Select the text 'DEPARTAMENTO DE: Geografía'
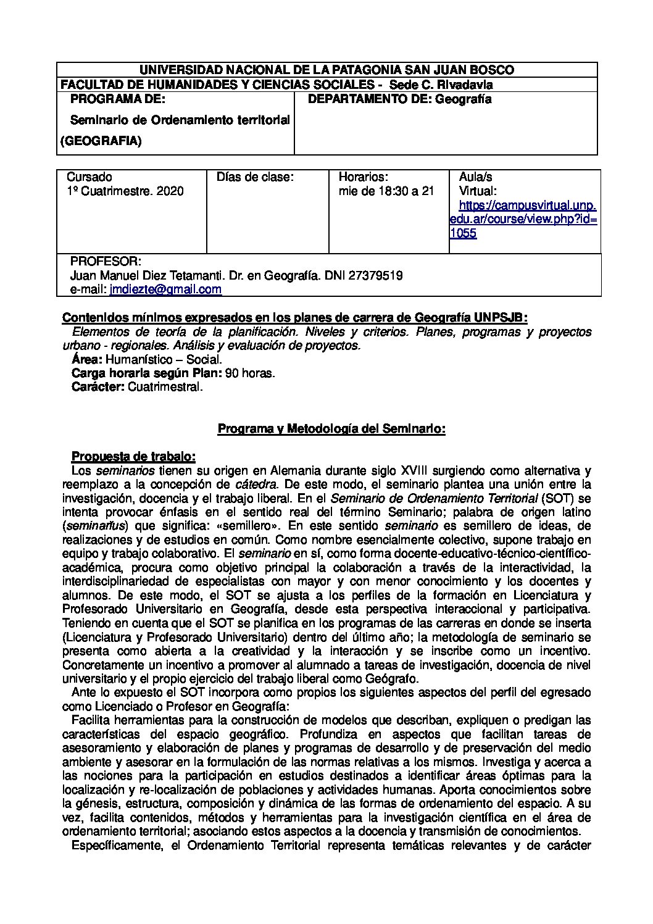tap(399, 99)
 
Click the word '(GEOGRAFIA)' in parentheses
tap(101, 141)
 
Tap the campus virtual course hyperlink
tap(524, 219)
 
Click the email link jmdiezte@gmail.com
tap(165, 289)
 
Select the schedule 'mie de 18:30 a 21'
tap(386, 191)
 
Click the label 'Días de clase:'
tap(255, 177)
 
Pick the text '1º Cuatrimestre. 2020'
tap(125, 191)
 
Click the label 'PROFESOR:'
tap(106, 260)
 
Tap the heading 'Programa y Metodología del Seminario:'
tap(331, 428)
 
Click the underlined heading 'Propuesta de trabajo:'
tap(133, 457)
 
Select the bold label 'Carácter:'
tap(98, 387)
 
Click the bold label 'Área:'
tap(87, 359)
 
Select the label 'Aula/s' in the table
tap(475, 177)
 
